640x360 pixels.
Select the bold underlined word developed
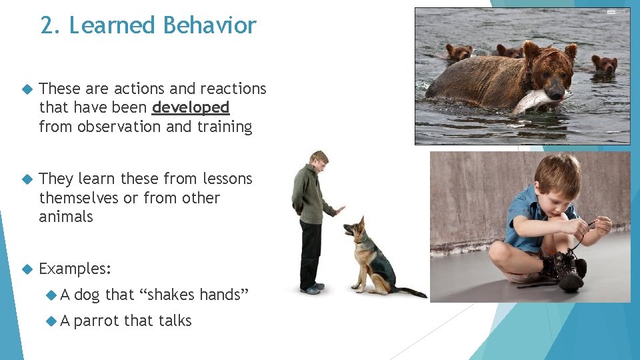coord(191,107)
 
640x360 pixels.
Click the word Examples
coord(75,269)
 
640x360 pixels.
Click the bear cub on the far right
coord(604,64)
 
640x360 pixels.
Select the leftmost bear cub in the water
coord(459,52)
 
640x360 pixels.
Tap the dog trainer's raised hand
coord(339,210)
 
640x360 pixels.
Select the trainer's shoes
coord(310,289)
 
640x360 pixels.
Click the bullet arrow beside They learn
coord(27,179)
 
